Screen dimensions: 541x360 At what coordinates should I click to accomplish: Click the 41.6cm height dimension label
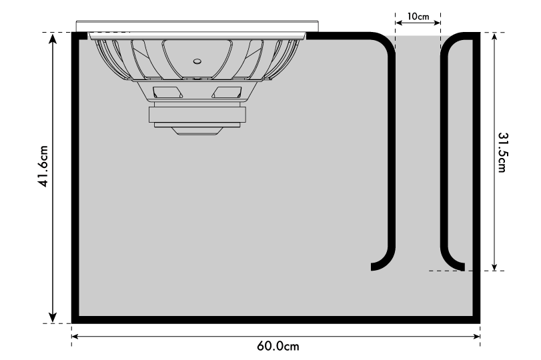pos(43,166)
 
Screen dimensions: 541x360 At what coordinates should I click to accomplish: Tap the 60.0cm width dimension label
pos(278,346)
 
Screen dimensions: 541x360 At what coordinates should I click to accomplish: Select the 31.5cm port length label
pos(502,152)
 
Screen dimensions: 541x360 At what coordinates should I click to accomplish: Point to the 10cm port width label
pos(418,16)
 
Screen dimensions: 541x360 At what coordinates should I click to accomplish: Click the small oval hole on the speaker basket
pos(197,61)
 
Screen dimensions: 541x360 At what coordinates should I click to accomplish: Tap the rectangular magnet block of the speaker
pos(197,115)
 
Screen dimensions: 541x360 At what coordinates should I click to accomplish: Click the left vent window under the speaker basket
pos(167,93)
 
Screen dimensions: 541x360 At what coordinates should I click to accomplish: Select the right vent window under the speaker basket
pos(227,93)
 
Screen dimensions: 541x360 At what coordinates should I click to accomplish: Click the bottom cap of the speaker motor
pos(197,131)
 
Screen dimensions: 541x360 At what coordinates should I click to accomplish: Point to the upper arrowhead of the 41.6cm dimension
pos(53,39)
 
